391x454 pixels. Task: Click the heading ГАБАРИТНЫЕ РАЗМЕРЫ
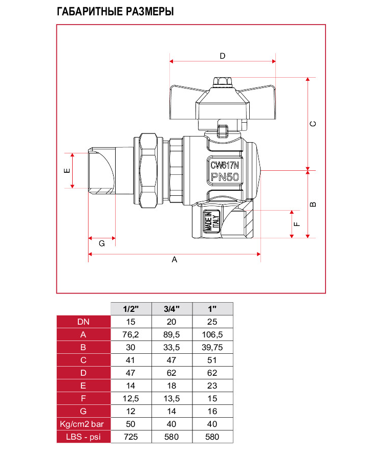pyautogui.click(x=115, y=11)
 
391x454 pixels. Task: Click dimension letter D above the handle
pyautogui.click(x=223, y=56)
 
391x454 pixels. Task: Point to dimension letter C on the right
pyautogui.click(x=314, y=124)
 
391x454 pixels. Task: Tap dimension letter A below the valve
pyautogui.click(x=174, y=260)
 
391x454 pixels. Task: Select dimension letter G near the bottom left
pyautogui.click(x=101, y=244)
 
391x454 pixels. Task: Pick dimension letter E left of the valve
pyautogui.click(x=67, y=170)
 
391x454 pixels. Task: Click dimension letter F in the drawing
pyautogui.click(x=296, y=223)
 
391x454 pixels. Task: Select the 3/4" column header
pyautogui.click(x=172, y=309)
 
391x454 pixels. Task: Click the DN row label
pyautogui.click(x=83, y=322)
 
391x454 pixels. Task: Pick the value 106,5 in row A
pyautogui.click(x=212, y=334)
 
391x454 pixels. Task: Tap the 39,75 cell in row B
pyautogui.click(x=212, y=347)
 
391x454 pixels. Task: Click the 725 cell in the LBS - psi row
pyautogui.click(x=132, y=437)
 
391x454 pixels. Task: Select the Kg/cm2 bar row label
pyautogui.click(x=83, y=424)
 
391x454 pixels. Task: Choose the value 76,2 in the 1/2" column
pyautogui.click(x=132, y=334)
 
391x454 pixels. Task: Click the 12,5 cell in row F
pyautogui.click(x=132, y=398)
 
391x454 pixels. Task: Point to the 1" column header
pyautogui.click(x=212, y=309)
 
